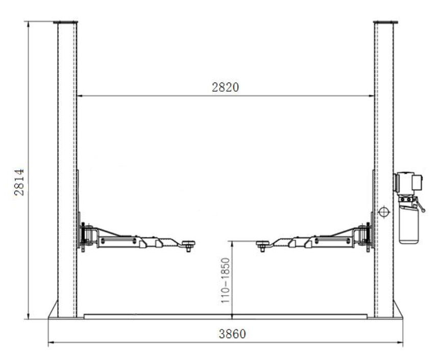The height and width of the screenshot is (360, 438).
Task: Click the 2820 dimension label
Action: point(226,87)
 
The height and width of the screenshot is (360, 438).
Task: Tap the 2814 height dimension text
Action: point(19,182)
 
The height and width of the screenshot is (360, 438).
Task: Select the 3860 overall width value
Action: point(232,334)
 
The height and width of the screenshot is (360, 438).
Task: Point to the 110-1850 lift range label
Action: point(225,280)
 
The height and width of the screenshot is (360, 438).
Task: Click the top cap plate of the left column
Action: point(65,22)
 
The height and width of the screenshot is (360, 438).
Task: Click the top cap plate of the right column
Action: point(385,22)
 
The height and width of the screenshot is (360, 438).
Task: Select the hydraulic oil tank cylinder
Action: point(409,225)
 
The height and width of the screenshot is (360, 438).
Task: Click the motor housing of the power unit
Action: point(408,183)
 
